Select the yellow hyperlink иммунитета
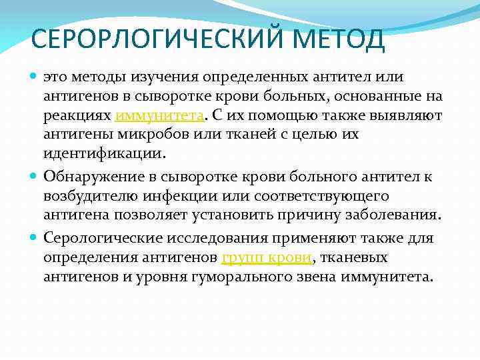point(159,116)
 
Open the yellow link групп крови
point(255,258)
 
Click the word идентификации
point(105,153)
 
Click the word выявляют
point(409,116)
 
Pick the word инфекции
point(187,197)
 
